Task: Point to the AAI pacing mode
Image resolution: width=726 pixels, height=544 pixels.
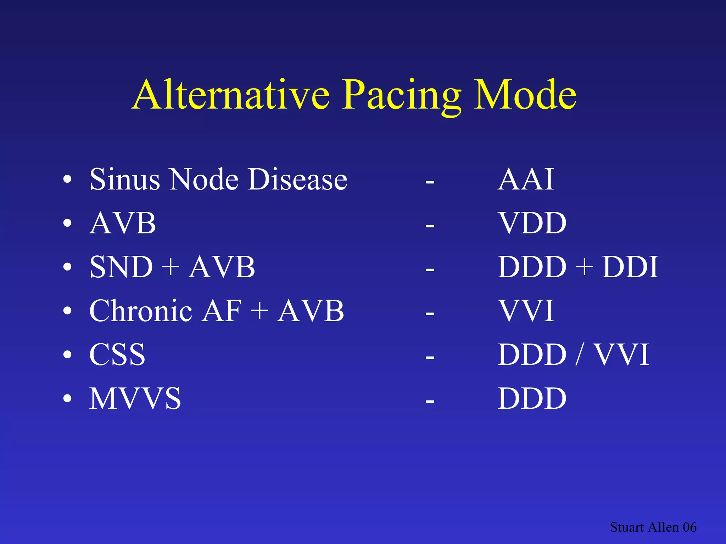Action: click(x=526, y=180)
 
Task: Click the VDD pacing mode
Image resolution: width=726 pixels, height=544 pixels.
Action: click(x=532, y=223)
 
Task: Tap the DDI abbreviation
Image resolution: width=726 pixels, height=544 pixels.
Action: click(x=630, y=267)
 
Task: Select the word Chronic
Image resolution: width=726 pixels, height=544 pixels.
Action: click(x=141, y=311)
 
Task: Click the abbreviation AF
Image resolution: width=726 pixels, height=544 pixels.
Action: click(x=222, y=311)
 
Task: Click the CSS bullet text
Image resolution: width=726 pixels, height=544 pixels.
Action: click(x=117, y=355)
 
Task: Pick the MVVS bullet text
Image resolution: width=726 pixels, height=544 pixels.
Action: click(x=135, y=399)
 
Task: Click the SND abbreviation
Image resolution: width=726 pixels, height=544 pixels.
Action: click(x=121, y=267)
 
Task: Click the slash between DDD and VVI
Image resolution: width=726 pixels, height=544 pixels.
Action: click(x=579, y=355)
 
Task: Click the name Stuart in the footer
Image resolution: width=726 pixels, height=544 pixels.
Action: click(x=627, y=527)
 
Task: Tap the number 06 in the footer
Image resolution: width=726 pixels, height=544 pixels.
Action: click(x=689, y=527)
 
